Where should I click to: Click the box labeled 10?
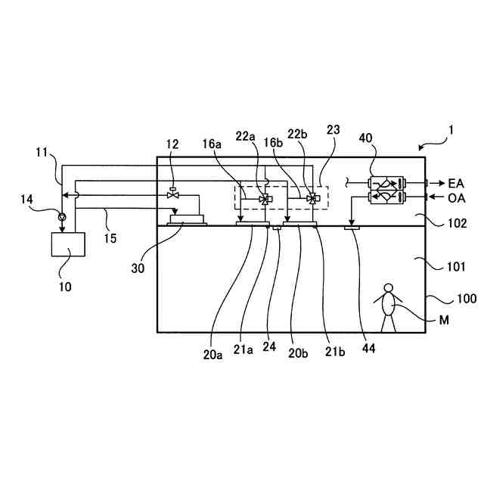tap(67, 246)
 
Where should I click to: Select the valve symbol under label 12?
tap(172, 196)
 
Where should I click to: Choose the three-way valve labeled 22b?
tap(312, 199)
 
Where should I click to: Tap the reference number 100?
tap(445, 299)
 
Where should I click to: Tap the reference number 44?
tap(368, 349)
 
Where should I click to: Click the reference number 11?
tap(42, 152)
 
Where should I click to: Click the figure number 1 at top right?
tap(451, 129)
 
